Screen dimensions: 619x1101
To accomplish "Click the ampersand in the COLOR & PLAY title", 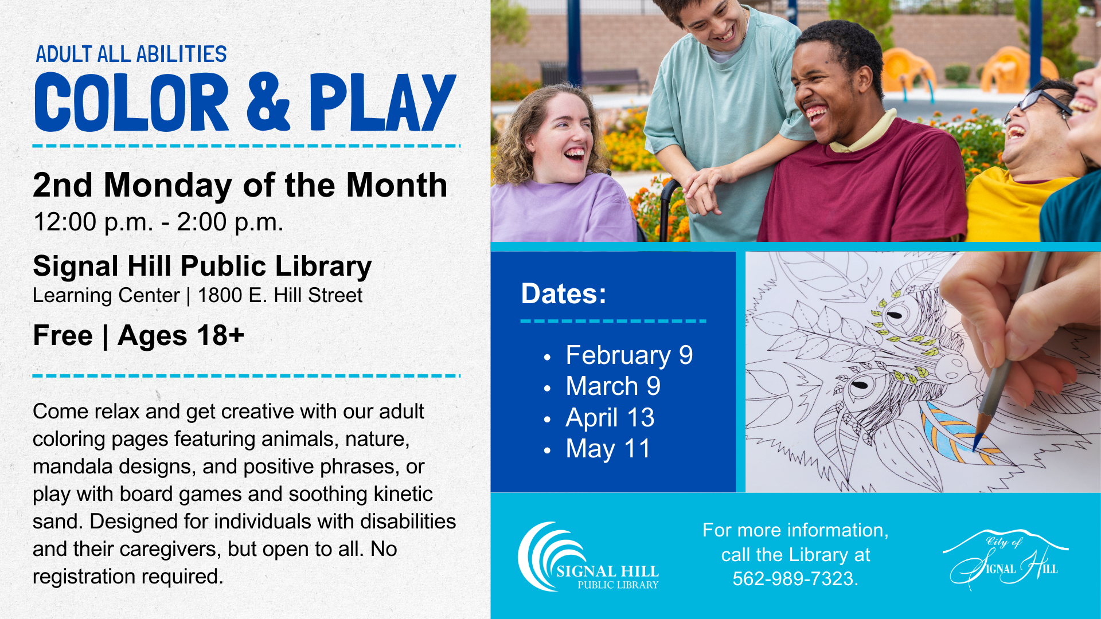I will pos(268,102).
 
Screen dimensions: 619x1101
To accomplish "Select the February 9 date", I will pos(628,355).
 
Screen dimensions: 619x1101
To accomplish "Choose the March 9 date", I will pos(612,386).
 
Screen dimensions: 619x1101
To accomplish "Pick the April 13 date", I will pos(610,418).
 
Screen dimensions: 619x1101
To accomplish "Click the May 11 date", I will pos(608,449).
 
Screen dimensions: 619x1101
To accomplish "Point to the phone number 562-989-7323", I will pos(795,579).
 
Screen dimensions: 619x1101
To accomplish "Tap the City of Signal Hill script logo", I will pos(1005,559).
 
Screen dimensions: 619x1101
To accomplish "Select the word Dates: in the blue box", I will pos(563,294).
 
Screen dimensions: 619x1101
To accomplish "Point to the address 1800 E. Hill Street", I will pos(280,296).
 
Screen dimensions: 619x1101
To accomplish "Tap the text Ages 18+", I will pos(181,336).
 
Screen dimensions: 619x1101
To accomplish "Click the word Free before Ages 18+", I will pos(63,336).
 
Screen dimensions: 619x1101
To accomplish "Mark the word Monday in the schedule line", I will pos(167,186).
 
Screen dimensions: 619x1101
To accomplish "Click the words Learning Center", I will pos(106,296).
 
